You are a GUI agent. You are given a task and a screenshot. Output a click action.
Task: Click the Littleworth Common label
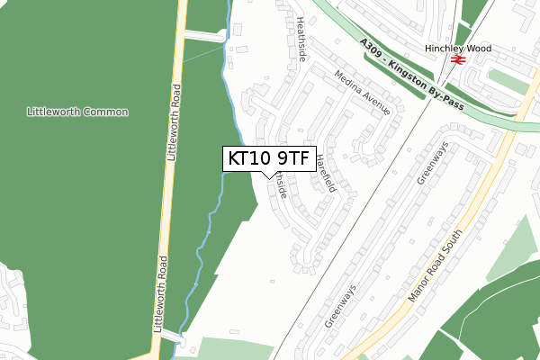(x=77, y=112)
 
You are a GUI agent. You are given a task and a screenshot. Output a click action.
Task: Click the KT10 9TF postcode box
(x=268, y=159)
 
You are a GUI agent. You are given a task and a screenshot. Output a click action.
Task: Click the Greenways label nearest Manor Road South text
(x=341, y=303)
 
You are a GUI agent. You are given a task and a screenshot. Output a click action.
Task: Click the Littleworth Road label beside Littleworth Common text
(x=173, y=122)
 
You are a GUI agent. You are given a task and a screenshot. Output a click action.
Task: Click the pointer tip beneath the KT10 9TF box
(x=268, y=176)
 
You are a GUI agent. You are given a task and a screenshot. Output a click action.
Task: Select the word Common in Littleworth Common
(x=105, y=112)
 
